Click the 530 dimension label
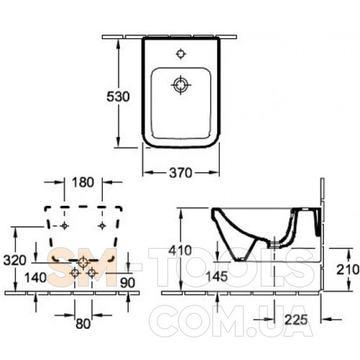118,97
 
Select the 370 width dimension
181,173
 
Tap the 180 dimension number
83,182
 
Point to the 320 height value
14,260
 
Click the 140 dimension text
35,278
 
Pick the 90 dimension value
127,283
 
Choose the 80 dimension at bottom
83,324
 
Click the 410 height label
180,250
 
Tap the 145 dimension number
217,276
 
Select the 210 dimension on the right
348,269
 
